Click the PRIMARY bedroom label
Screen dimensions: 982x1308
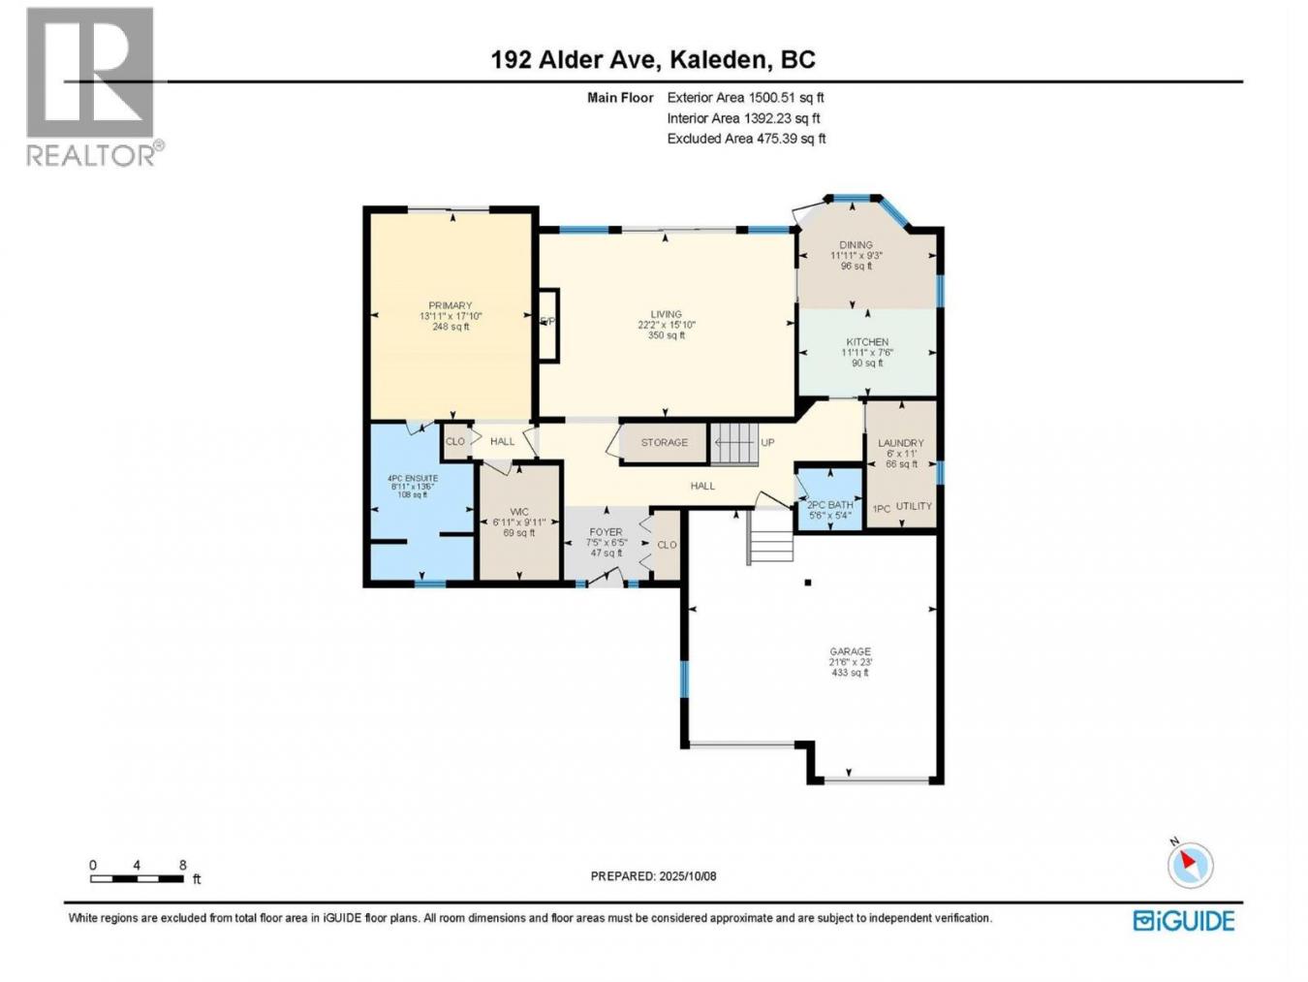click(450, 306)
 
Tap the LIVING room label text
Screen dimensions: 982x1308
click(666, 315)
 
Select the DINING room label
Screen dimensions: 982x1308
click(856, 245)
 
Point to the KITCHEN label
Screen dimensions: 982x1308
click(866, 342)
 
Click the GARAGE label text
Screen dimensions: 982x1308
click(850, 652)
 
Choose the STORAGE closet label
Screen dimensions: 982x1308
click(664, 443)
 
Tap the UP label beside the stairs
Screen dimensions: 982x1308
click(767, 443)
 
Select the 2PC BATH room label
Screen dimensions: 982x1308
click(830, 505)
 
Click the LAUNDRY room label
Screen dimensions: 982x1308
click(900, 443)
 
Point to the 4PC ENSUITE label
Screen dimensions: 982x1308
click(413, 479)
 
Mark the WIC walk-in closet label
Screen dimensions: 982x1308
click(518, 512)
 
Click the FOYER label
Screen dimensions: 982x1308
click(607, 532)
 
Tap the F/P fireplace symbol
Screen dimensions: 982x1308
click(547, 323)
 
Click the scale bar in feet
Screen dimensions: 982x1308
click(138, 878)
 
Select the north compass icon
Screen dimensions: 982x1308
click(1190, 865)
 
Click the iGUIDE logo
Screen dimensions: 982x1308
click(1184, 920)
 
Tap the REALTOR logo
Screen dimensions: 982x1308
click(92, 87)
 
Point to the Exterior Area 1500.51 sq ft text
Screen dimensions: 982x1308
click(745, 98)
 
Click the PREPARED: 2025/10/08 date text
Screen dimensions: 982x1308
click(653, 876)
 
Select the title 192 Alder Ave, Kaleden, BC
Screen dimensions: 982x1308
click(653, 60)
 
